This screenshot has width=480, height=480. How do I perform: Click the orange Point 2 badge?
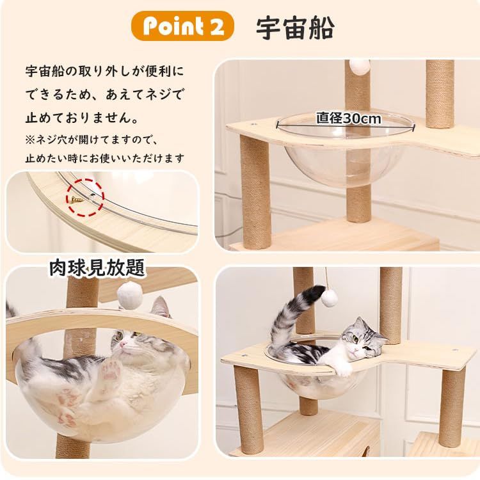182,26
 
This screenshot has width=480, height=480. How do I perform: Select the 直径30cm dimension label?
348,118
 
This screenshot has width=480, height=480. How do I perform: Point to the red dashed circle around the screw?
84,195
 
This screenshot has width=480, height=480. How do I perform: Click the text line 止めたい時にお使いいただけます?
105,157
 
